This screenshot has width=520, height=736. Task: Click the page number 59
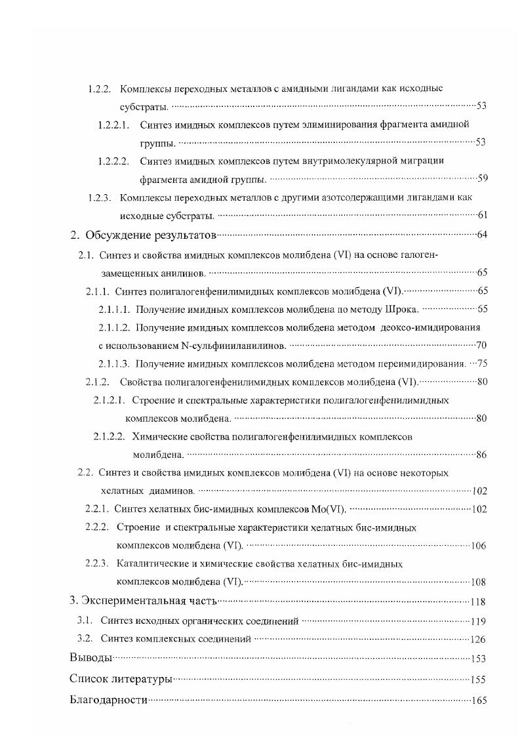click(x=481, y=178)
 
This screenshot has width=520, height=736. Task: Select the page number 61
click(x=481, y=215)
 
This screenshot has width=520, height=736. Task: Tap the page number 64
click(x=481, y=235)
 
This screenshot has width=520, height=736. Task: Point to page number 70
click(x=481, y=345)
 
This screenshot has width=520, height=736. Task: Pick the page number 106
click(x=479, y=546)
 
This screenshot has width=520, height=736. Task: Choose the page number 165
click(x=479, y=701)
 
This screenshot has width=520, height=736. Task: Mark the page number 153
click(x=479, y=659)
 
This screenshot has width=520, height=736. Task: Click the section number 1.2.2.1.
click(x=113, y=124)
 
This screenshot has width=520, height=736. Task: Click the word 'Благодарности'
click(x=108, y=700)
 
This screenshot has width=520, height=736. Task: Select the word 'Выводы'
click(x=90, y=659)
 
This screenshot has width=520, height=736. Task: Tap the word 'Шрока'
click(x=401, y=308)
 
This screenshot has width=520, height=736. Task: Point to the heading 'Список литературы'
click(x=121, y=680)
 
